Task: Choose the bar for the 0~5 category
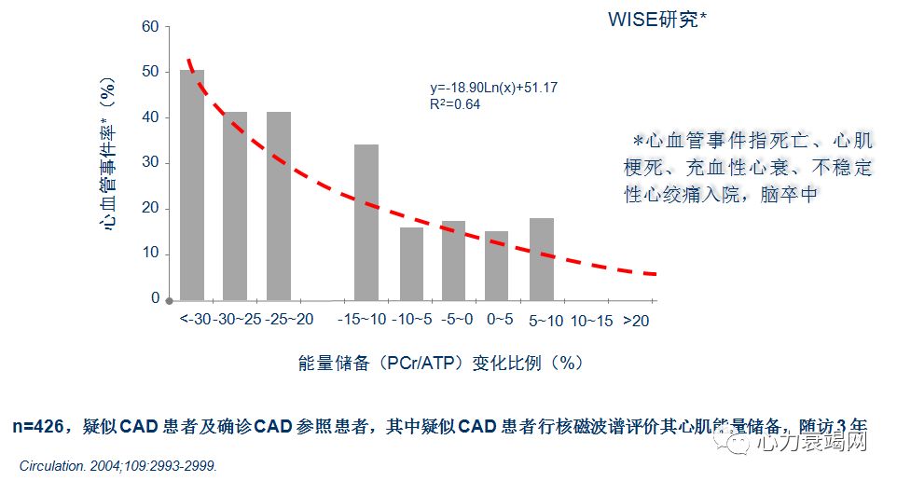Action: click(497, 266)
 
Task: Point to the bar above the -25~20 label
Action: click(279, 206)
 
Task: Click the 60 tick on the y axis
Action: click(150, 26)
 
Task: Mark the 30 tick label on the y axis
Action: click(150, 162)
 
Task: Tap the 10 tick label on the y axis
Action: click(150, 254)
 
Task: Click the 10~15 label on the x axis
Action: click(591, 321)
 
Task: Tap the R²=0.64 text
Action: click(448, 104)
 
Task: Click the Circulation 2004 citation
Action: click(117, 465)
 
